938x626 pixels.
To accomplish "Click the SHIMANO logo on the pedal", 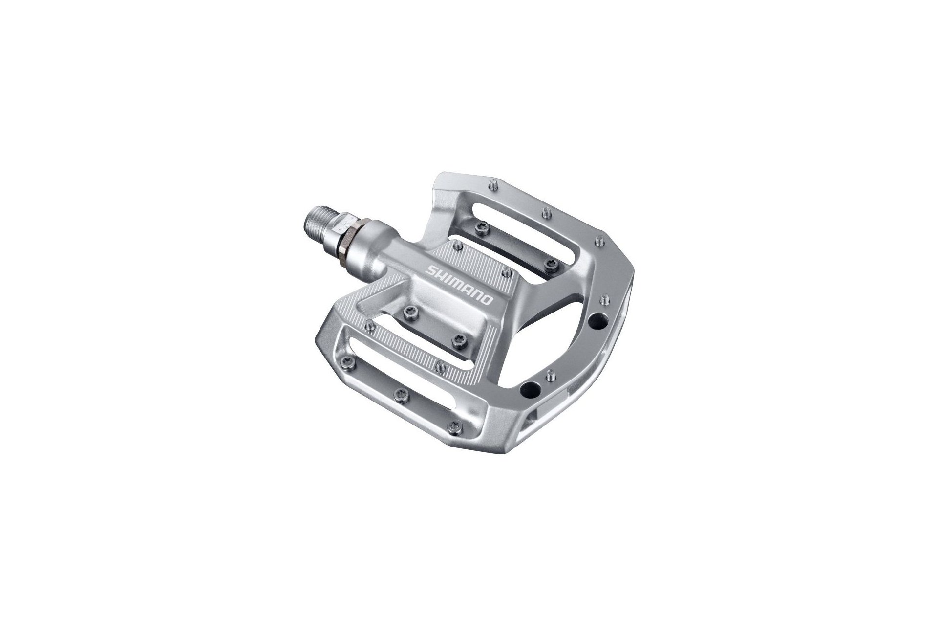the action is (460, 285).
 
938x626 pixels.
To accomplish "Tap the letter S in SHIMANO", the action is (430, 270).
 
